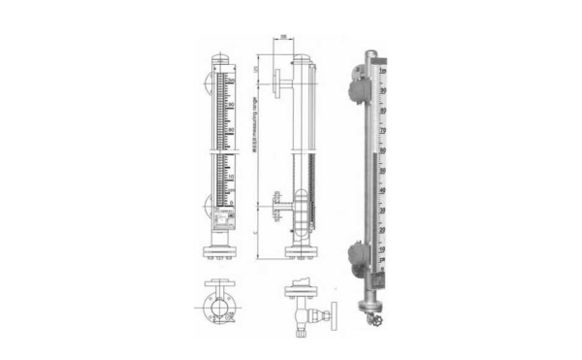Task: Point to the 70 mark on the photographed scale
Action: coord(385,128)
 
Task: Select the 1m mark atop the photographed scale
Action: coord(385,72)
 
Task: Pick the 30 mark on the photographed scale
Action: coord(385,211)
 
